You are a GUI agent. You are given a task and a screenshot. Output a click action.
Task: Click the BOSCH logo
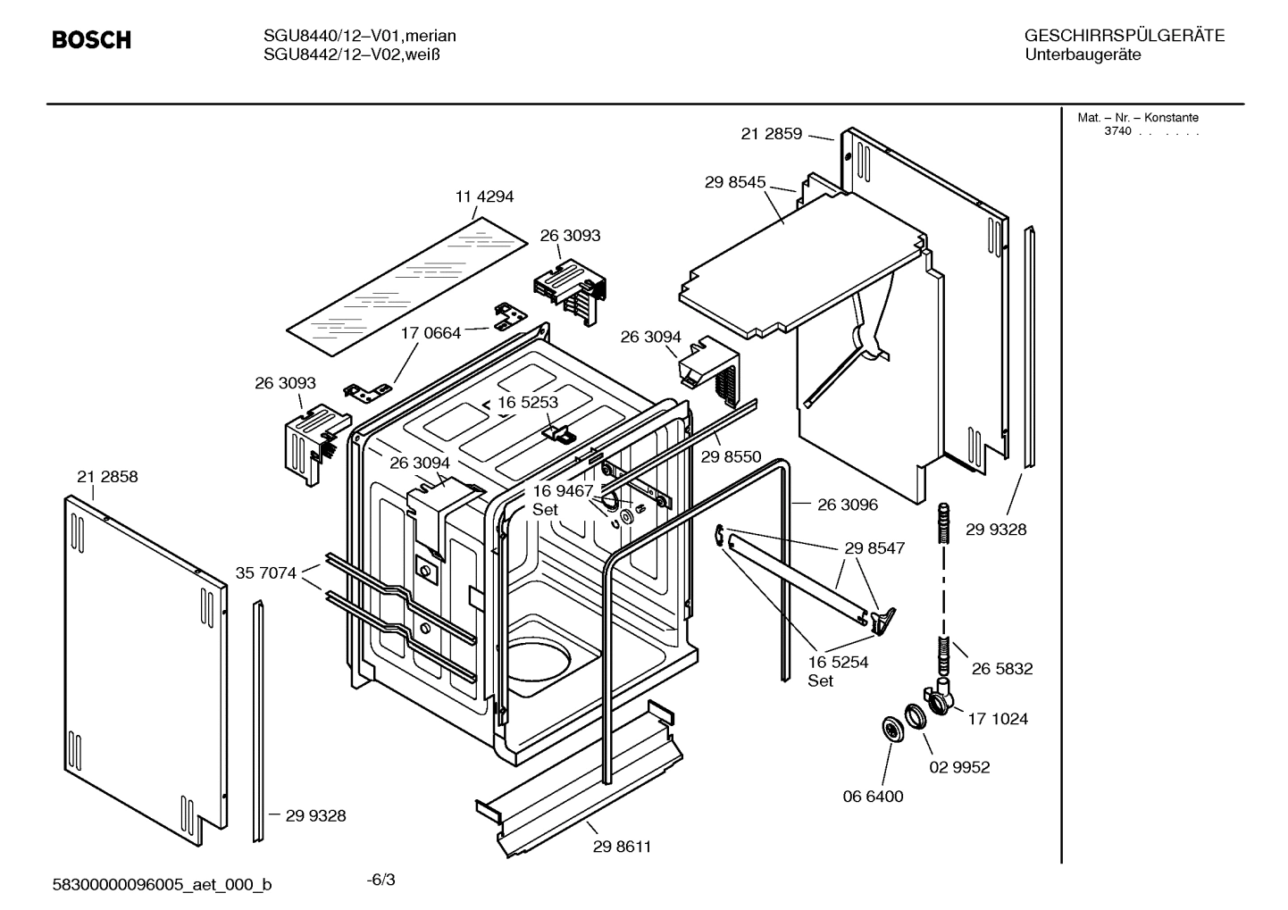(x=91, y=40)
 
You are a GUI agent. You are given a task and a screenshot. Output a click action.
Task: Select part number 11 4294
(x=484, y=196)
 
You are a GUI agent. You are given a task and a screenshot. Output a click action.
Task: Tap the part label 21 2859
(x=772, y=134)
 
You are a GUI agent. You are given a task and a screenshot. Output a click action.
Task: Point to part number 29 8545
(x=735, y=182)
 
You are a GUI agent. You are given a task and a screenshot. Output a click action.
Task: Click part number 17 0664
(x=431, y=333)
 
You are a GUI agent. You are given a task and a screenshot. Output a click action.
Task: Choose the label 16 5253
(x=527, y=402)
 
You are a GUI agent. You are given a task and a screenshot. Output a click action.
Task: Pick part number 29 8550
(x=731, y=456)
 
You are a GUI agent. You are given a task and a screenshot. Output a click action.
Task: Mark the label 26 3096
(x=847, y=505)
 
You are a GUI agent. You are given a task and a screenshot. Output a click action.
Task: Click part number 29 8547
(x=874, y=548)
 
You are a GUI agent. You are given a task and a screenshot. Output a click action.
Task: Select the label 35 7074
(x=265, y=572)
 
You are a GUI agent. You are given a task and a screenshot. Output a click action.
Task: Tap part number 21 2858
(x=107, y=477)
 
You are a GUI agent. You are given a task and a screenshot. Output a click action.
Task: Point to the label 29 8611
(x=622, y=847)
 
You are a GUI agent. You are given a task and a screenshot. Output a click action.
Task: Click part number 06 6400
(x=873, y=796)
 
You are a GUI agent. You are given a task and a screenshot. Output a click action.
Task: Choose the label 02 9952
(x=959, y=767)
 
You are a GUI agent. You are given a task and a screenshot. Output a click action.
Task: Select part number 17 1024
(x=998, y=719)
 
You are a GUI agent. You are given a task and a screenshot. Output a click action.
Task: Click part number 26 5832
(x=1001, y=669)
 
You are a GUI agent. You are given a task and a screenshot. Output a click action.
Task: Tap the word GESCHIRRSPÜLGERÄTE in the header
(x=1124, y=36)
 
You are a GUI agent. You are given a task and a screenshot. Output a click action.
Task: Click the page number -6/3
(x=381, y=880)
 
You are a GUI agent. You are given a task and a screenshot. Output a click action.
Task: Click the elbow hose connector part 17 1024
(x=940, y=697)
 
